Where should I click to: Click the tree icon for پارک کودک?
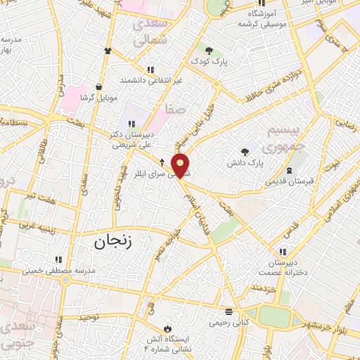tap(209, 49)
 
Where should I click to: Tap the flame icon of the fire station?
tap(167, 328)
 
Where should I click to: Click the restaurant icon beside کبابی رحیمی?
tap(229, 311)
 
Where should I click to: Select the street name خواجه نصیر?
tap(163, 243)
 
